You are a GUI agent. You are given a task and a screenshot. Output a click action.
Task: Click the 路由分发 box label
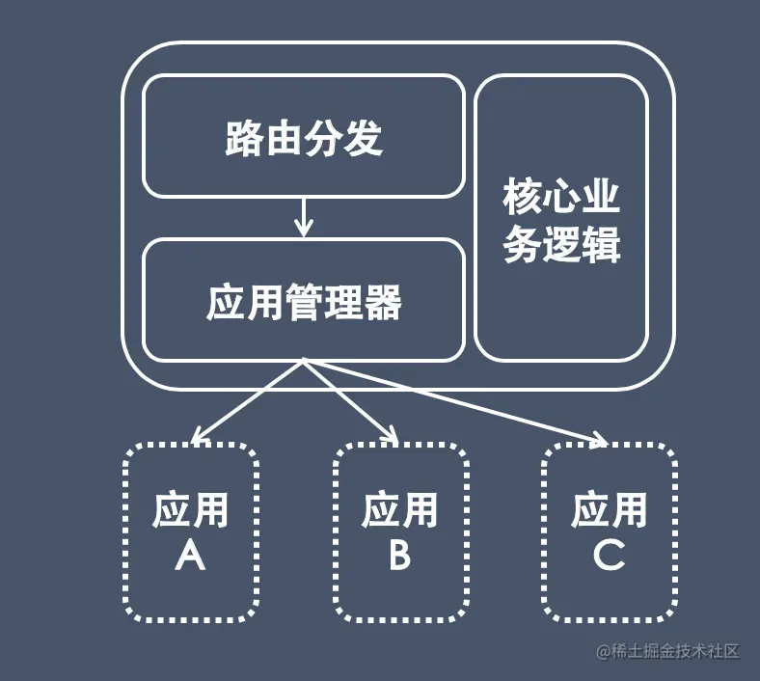304,139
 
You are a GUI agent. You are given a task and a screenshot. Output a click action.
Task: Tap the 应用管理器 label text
304,303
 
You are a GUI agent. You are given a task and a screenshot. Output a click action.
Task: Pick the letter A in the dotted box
191,556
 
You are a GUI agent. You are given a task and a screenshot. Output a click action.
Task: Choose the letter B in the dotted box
400,556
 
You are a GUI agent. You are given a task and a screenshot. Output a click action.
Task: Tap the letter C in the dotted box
609,556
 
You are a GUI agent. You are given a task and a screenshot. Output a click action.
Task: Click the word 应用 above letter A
191,510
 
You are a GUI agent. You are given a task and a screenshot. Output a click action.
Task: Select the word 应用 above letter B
400,510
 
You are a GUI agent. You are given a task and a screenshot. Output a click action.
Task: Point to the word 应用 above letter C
609,510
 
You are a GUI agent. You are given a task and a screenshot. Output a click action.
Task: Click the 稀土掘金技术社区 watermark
667,652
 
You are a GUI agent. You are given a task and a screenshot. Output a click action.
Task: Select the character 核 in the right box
522,199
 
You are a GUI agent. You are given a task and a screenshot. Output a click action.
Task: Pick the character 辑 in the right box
601,245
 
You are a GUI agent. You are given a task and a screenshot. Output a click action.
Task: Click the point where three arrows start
304,362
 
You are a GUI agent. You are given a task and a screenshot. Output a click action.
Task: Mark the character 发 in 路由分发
364,139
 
